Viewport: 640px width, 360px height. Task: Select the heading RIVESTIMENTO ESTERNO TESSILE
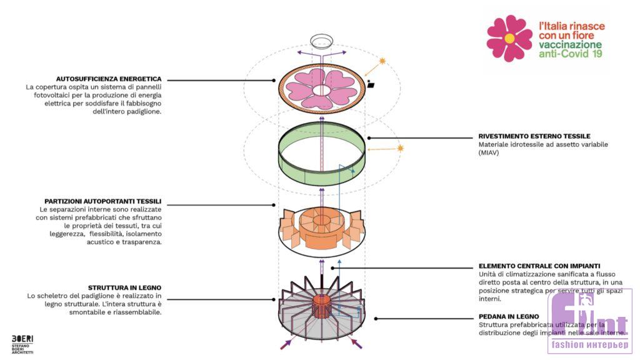pyautogui.click(x=534, y=136)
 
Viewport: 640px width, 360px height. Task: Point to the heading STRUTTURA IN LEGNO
pyautogui.click(x=126, y=287)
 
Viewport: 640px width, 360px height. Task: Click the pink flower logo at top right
pyautogui.click(x=509, y=38)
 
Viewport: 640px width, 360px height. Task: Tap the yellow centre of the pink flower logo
pyautogui.click(x=509, y=38)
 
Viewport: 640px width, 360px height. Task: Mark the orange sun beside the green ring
pyautogui.click(x=401, y=148)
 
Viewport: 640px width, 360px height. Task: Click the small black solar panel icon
pyautogui.click(x=371, y=85)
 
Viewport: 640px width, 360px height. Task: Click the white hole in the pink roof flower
pyautogui.click(x=322, y=90)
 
